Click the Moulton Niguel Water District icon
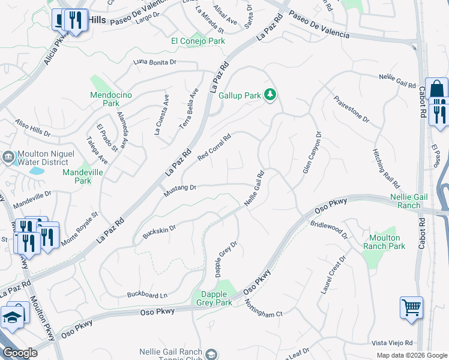click(8, 157)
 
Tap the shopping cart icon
click(411, 308)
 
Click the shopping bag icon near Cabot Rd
click(436, 89)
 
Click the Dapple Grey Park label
click(214, 298)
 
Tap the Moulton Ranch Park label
click(384, 242)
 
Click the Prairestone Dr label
click(351, 108)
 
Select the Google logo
click(20, 353)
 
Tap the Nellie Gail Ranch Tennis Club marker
click(210, 353)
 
